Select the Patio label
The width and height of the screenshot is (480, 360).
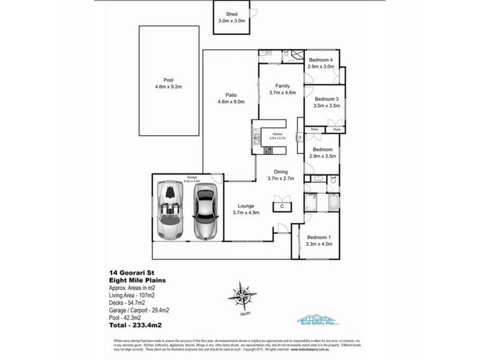coord(232,95)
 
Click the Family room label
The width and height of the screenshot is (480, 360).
coord(283,86)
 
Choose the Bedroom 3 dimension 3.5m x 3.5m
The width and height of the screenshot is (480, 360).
coord(326,106)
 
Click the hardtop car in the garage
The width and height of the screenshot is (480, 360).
coord(205,211)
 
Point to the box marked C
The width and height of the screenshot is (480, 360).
coord(281,206)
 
